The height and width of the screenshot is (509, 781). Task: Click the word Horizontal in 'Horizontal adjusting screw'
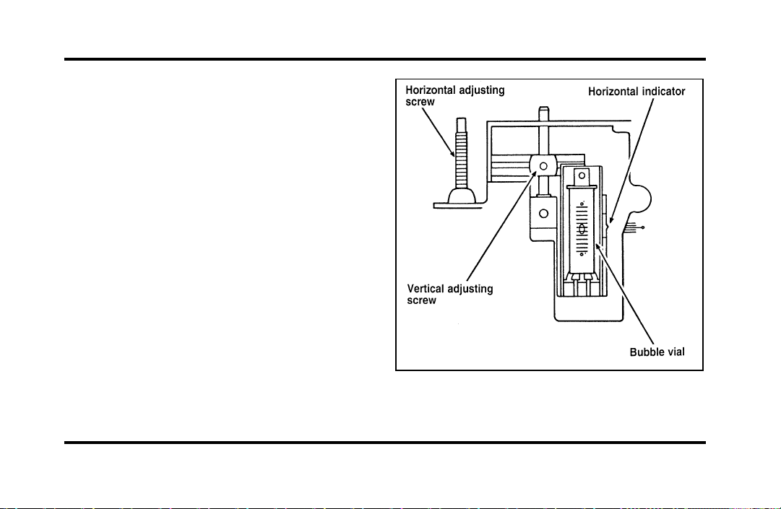tap(431, 90)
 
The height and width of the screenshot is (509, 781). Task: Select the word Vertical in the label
tap(425, 289)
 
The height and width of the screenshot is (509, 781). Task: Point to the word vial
tap(676, 352)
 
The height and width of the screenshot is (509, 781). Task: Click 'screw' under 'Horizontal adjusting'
tap(420, 103)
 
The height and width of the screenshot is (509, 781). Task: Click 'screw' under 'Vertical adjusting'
tap(421, 300)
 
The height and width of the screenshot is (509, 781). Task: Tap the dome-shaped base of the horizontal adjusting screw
tap(462, 195)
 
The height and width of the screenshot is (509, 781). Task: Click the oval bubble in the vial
tap(582, 229)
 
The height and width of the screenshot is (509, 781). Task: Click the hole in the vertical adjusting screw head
tap(543, 165)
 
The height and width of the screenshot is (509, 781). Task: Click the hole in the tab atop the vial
tap(582, 175)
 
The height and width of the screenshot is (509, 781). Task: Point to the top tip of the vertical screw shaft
tap(543, 108)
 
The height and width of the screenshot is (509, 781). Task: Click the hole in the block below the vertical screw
tap(543, 214)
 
